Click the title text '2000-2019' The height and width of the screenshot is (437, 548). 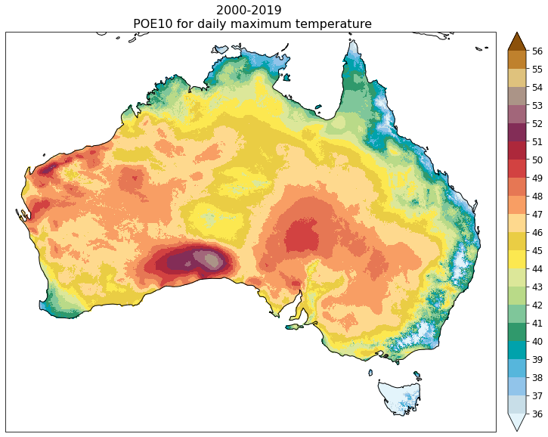249,10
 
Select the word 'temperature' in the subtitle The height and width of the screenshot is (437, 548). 338,24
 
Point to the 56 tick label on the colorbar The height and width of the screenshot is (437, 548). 537,51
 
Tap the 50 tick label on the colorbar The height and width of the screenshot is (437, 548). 537,160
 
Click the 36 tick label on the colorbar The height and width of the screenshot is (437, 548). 537,414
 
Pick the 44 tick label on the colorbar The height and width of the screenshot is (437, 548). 537,268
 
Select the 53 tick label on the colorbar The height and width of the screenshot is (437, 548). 537,106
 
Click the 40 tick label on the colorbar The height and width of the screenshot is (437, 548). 537,341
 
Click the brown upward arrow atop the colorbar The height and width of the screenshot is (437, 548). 517,42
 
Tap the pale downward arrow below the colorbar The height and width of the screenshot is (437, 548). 517,422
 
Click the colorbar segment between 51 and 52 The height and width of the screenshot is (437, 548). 517,133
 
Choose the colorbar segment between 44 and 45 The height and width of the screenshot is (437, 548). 517,259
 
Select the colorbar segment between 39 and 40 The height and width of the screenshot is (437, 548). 517,350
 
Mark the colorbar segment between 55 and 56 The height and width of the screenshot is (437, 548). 517,60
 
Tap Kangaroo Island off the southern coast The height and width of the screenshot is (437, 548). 294,326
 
